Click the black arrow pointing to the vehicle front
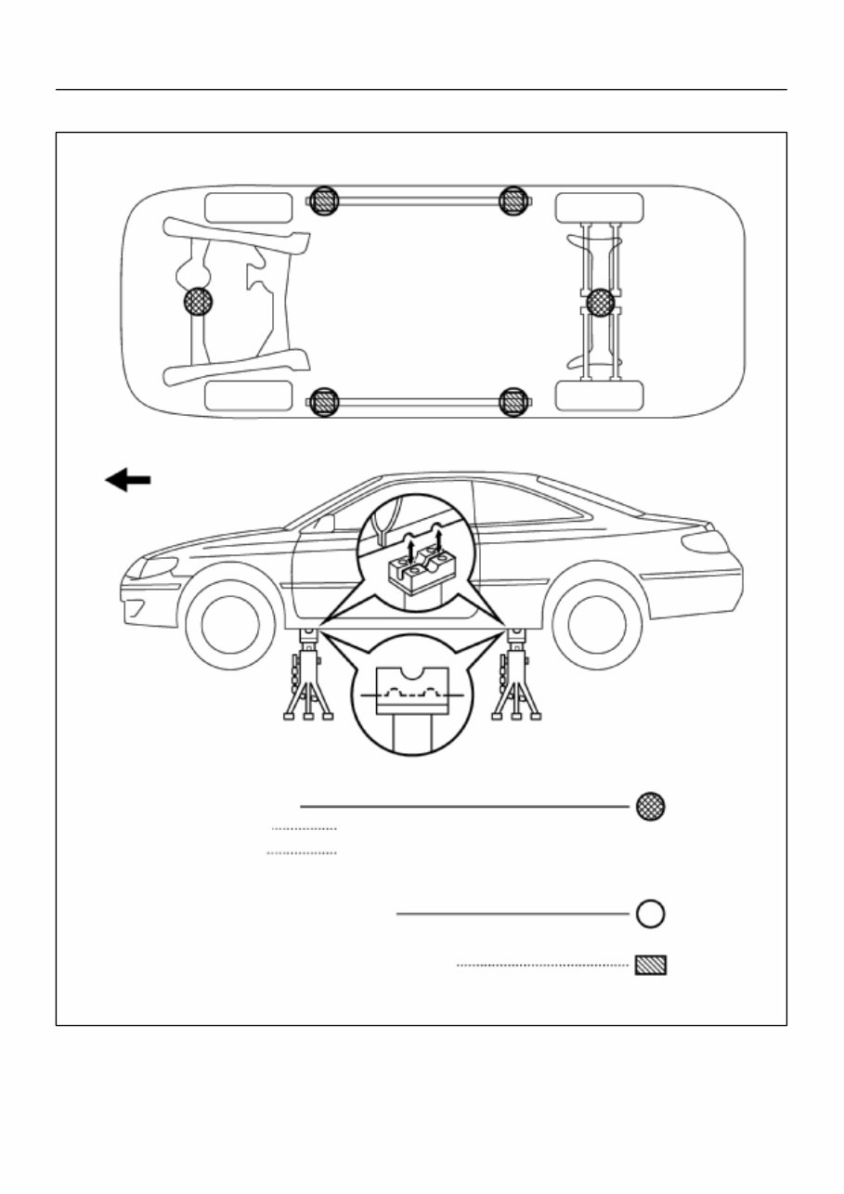128,480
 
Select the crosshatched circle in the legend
650,806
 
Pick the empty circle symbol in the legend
650,914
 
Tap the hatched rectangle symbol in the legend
650,966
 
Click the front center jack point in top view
198,302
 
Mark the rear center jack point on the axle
601,302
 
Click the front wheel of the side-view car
230,624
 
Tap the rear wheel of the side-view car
597,624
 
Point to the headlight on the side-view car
158,567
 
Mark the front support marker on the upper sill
323,201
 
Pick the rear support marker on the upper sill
513,201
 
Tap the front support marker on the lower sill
323,402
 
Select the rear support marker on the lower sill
513,402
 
